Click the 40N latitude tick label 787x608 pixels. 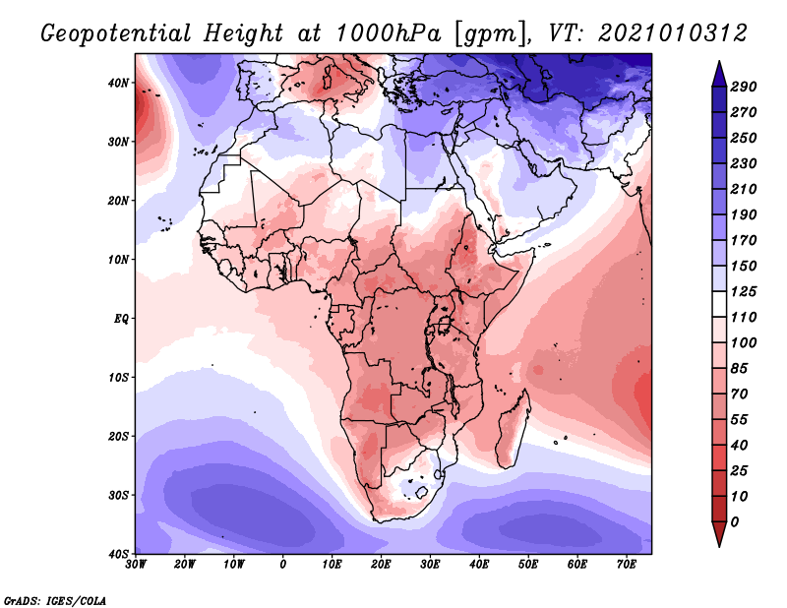119,83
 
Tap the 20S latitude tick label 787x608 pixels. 119,436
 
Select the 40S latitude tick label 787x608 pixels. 119,554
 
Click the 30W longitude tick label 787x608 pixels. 137,565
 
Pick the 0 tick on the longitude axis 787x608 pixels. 283,565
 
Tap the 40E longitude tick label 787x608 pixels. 479,565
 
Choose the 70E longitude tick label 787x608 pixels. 627,565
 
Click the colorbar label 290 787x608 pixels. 743,88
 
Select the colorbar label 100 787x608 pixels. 743,341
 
